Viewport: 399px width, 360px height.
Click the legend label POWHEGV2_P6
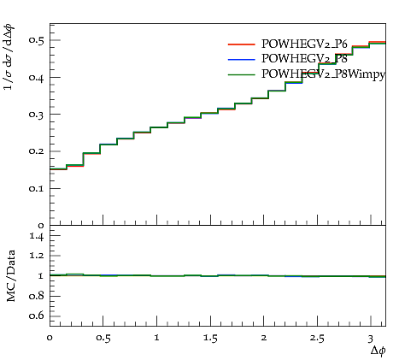[304, 44]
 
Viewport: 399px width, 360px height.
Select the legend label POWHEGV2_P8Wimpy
[323, 74]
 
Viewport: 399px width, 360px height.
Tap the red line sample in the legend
[241, 44]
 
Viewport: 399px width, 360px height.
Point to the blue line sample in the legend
[241, 59]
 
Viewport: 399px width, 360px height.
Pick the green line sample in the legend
[241, 74]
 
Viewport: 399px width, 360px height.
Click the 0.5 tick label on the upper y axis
[37, 40]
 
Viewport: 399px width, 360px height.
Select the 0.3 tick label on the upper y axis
[37, 114]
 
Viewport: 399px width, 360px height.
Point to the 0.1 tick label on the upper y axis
[37, 188]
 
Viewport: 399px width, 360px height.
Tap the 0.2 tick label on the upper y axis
[37, 151]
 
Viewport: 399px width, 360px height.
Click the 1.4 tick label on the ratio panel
[37, 236]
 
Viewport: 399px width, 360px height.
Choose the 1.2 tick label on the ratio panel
[37, 256]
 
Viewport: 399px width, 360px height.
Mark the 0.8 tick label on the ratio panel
[37, 296]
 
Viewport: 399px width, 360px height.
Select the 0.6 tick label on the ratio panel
[37, 316]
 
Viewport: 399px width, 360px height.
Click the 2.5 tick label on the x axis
[317, 339]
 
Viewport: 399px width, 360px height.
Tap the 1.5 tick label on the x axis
[210, 339]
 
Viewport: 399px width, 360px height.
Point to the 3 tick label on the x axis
[370, 339]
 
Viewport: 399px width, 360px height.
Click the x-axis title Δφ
[378, 351]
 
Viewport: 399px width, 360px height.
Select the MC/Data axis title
[11, 275]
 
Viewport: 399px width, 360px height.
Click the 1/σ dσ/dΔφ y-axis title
[9, 57]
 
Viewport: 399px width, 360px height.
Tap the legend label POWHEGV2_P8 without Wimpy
[304, 59]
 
